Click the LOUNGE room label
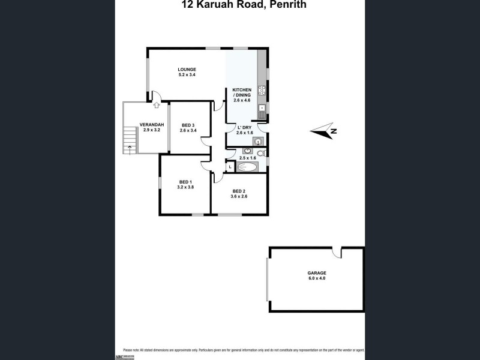pos(187,69)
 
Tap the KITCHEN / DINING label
pos(242,93)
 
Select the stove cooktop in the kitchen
pos(262,91)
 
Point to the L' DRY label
pos(244,127)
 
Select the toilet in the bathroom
pos(261,154)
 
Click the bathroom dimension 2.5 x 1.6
pos(247,158)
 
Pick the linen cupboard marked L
pos(230,167)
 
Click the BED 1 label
pos(185,182)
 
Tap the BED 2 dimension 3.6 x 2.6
pos(240,196)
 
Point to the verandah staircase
pos(127,142)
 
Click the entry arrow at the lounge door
pos(155,105)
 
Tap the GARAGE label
pos(317,272)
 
